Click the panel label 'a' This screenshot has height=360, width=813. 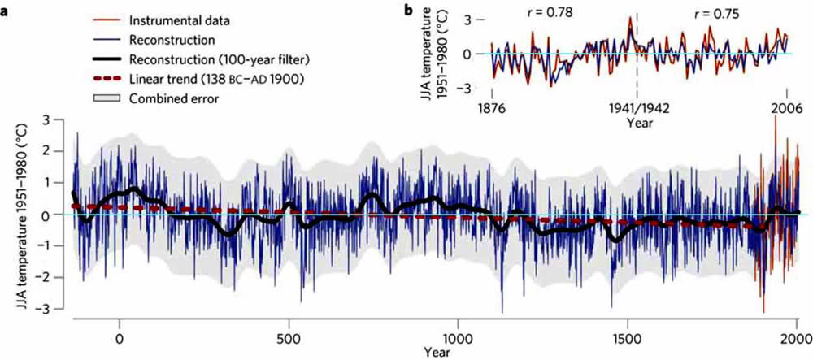(6, 11)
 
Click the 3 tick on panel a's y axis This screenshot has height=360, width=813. (58, 120)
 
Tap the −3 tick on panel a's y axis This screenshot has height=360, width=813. (55, 310)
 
